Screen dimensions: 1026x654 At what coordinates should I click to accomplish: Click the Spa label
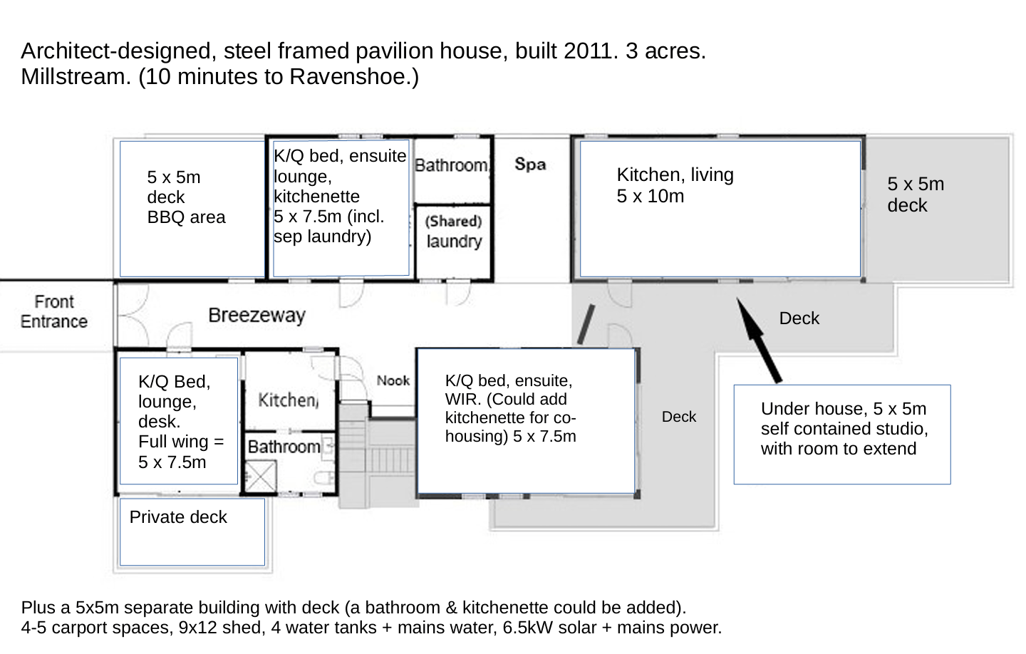click(x=530, y=164)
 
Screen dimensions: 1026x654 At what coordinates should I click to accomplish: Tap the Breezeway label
click(x=256, y=315)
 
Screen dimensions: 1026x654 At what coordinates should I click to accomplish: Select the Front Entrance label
click(x=54, y=312)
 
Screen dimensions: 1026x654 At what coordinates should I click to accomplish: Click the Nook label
click(x=393, y=380)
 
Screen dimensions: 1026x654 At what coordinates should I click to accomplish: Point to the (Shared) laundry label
click(x=454, y=232)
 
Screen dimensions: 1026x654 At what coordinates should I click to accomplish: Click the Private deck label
click(x=178, y=517)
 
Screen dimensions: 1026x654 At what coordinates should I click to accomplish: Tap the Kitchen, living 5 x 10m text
click(x=675, y=185)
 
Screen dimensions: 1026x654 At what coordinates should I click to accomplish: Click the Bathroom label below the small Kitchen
click(x=284, y=447)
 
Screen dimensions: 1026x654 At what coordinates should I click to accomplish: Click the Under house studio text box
click(x=842, y=434)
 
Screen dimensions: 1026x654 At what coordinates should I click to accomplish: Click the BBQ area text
click(x=186, y=217)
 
